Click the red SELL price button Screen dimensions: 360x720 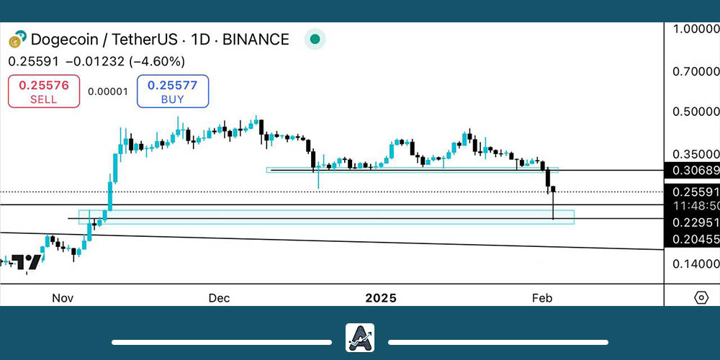pyautogui.click(x=44, y=91)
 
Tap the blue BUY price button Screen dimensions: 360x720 pyautogui.click(x=173, y=91)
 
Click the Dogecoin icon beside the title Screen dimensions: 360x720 pyautogui.click(x=17, y=40)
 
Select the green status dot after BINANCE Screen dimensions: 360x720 pyautogui.click(x=314, y=39)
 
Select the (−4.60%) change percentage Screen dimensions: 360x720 pyautogui.click(x=157, y=62)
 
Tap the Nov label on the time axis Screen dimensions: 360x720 pyautogui.click(x=64, y=297)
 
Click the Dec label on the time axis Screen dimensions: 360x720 pyautogui.click(x=219, y=297)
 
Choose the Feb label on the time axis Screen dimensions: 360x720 pyautogui.click(x=541, y=297)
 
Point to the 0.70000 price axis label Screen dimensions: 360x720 pyautogui.click(x=696, y=72)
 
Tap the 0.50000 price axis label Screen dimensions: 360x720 pyautogui.click(x=696, y=112)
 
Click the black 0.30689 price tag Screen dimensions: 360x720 pyautogui.click(x=694, y=171)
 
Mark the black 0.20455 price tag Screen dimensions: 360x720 pyautogui.click(x=694, y=239)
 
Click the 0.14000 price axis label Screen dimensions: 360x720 pyautogui.click(x=696, y=265)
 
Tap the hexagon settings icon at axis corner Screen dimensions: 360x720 pyautogui.click(x=701, y=297)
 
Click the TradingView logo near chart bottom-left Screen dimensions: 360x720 pyautogui.click(x=29, y=262)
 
